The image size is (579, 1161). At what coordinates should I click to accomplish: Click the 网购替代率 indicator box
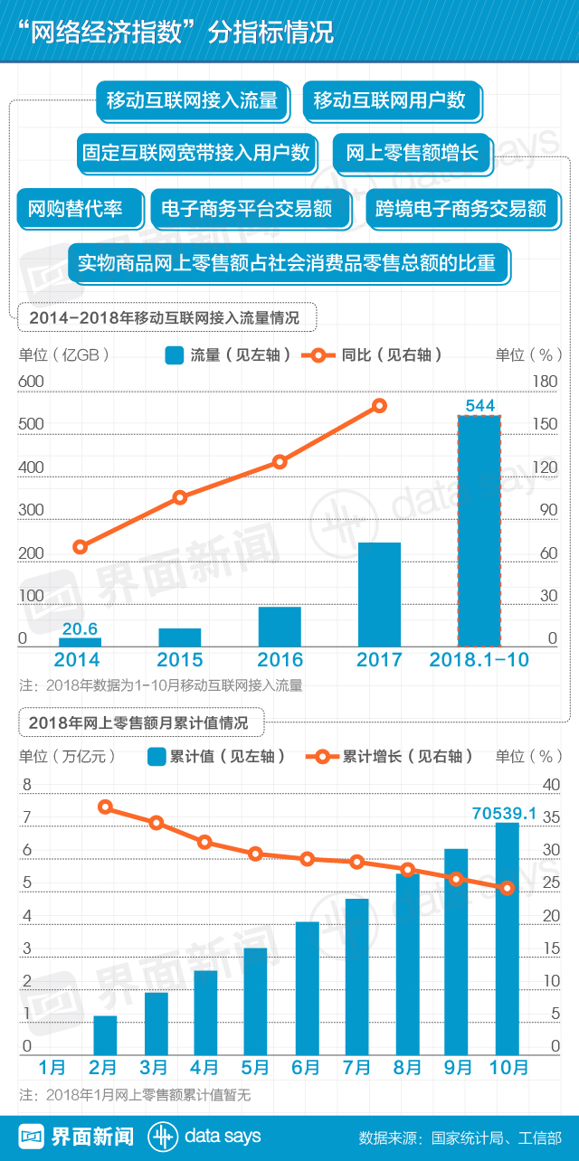[x=80, y=210]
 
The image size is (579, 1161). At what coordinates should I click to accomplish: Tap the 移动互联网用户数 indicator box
[x=390, y=100]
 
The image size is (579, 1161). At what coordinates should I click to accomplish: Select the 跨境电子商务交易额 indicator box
[x=461, y=210]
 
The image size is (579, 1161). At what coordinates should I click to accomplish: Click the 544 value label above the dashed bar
[x=479, y=406]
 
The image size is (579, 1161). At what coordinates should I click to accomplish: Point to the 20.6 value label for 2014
[x=79, y=628]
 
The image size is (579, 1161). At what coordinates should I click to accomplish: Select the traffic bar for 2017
[x=379, y=594]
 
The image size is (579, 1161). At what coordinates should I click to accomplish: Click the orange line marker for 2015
[x=180, y=496]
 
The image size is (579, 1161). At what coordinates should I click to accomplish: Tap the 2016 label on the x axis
[x=280, y=660]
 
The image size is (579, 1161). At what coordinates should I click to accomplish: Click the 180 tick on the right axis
[x=545, y=382]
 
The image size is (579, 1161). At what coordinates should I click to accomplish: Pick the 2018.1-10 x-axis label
[x=479, y=660]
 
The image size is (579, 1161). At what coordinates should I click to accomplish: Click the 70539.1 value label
[x=504, y=814]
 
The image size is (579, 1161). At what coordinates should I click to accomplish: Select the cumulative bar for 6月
[x=307, y=987]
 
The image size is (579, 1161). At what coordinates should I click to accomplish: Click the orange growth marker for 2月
[x=106, y=807]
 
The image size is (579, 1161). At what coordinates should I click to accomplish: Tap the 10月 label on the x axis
[x=508, y=1067]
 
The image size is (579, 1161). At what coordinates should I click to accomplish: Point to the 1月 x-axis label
[x=53, y=1067]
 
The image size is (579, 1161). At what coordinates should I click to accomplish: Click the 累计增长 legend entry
[x=389, y=757]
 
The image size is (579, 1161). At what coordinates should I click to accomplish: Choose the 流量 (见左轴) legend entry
[x=228, y=355]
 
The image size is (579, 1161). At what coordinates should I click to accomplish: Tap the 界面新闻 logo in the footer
[x=78, y=1137]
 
